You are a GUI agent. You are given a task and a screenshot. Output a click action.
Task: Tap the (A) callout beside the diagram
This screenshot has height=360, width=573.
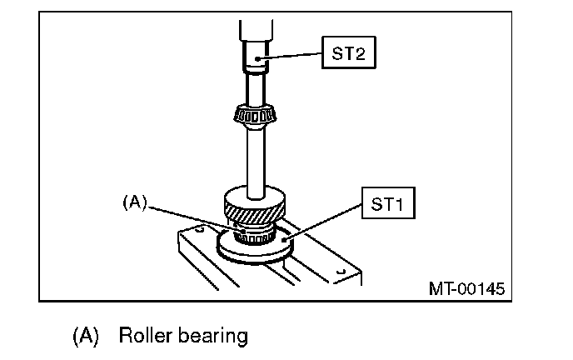(x=134, y=202)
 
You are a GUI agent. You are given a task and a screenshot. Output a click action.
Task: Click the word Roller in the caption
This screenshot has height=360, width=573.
(x=146, y=336)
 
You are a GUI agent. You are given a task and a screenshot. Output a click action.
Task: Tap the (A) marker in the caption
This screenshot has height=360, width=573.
(x=87, y=337)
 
